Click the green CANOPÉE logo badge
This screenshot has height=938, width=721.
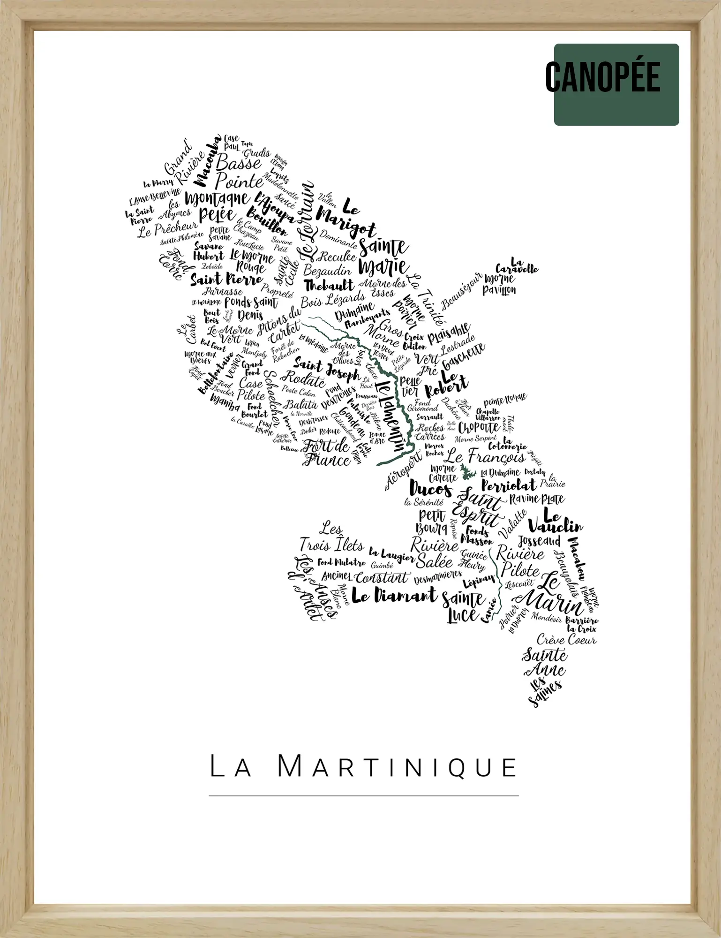coord(616,84)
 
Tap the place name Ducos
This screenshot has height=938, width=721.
coord(430,489)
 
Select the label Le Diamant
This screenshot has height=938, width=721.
coord(394,596)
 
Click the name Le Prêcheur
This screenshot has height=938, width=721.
coord(167,228)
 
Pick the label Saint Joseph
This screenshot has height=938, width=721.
coord(326,368)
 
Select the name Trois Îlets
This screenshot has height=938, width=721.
coord(331,545)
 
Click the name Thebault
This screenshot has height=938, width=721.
coord(329,285)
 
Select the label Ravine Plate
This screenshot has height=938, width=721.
coord(537,499)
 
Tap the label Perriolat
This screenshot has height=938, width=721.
coord(508,485)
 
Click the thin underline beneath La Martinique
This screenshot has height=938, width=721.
coord(363,796)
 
